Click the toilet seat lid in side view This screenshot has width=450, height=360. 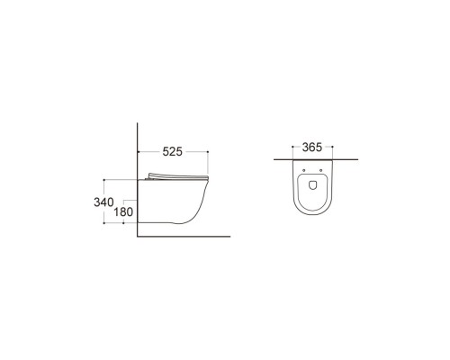pos(176,175)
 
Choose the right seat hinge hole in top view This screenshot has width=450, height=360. pos(321,169)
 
